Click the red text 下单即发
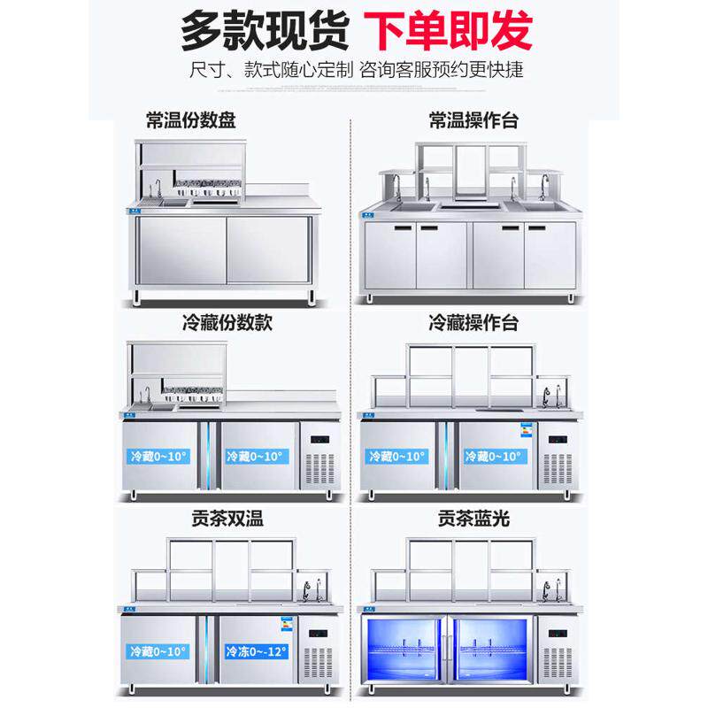pos(450,30)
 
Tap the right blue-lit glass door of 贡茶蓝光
pos(493,652)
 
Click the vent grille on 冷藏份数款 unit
pos(321,470)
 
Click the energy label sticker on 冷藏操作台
pos(527,433)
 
